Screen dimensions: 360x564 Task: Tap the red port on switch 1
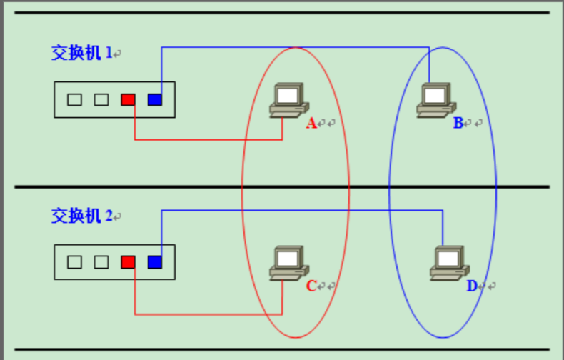tap(128, 99)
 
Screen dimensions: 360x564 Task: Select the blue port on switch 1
tap(155, 99)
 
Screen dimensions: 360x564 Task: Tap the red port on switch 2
tap(128, 262)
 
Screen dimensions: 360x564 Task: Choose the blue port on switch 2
tap(155, 262)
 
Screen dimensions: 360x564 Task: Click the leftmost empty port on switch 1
tap(74, 99)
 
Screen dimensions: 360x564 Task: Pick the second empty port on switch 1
tap(101, 99)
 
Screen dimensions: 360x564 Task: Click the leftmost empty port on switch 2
tap(74, 262)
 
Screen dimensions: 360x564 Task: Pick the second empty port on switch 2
tap(101, 262)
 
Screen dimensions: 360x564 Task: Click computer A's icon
tap(287, 99)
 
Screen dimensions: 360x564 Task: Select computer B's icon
tap(434, 99)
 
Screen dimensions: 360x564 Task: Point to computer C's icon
tap(287, 262)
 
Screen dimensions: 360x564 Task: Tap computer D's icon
tap(448, 262)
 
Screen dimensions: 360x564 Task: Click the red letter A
tap(311, 124)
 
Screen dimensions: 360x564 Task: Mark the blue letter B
tap(458, 124)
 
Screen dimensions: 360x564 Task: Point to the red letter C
tap(311, 286)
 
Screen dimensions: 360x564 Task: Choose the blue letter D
tap(471, 286)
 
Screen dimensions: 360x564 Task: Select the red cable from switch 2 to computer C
tap(207, 314)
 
